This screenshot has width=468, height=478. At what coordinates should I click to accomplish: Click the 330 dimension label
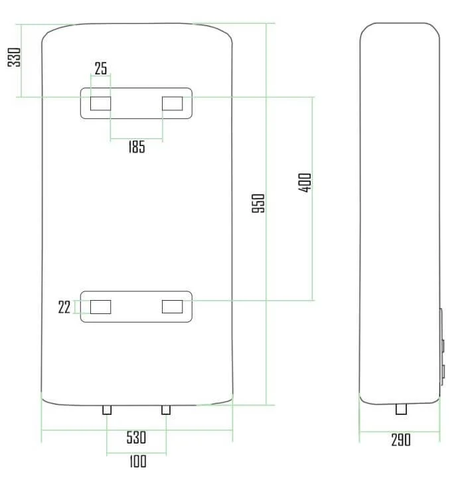tap(14, 57)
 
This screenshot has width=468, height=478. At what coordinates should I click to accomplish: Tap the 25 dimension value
tap(101, 68)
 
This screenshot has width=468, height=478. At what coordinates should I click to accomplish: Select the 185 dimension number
tap(137, 147)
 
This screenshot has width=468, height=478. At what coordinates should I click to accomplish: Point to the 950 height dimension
tap(258, 203)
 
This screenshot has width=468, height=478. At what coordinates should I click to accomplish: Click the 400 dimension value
tap(305, 183)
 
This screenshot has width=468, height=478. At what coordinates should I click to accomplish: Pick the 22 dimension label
tap(64, 307)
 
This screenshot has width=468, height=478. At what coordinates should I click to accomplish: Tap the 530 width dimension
tap(136, 438)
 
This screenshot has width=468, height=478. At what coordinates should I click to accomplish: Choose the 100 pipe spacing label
tap(138, 461)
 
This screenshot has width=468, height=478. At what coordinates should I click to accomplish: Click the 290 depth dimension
tap(401, 439)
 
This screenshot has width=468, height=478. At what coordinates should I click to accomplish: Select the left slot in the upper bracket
tap(101, 104)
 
